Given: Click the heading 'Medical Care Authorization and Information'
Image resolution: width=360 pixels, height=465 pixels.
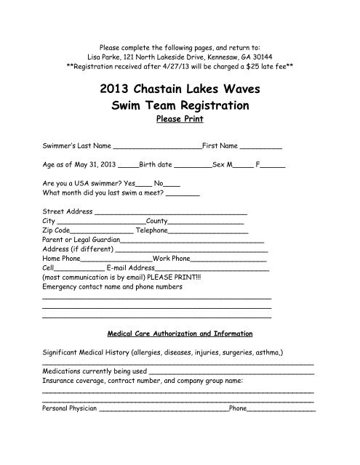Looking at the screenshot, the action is tap(180, 334).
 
